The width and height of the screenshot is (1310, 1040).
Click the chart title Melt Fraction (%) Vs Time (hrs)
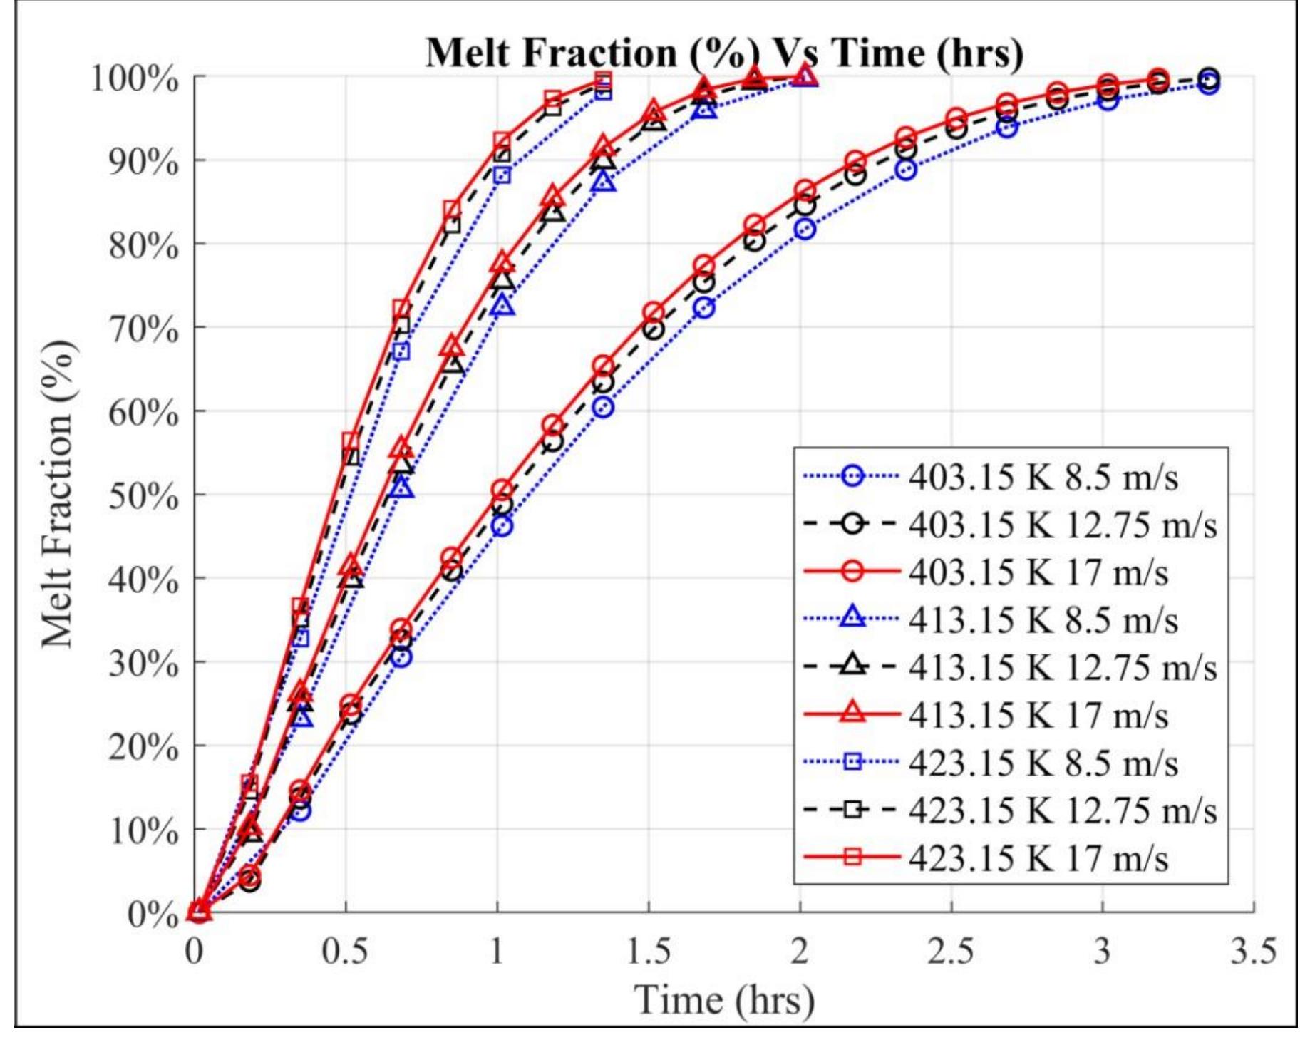click(723, 53)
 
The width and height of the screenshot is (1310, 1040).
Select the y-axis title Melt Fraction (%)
click(57, 493)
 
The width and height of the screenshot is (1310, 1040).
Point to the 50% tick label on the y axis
click(143, 496)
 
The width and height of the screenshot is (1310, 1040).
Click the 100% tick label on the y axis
click(135, 78)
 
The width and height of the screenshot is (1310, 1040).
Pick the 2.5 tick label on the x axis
click(950, 950)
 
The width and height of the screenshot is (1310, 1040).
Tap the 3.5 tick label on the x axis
click(1252, 950)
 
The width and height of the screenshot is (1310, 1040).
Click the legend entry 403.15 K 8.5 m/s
click(1043, 476)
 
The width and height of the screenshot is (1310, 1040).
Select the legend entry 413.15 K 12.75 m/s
click(1062, 666)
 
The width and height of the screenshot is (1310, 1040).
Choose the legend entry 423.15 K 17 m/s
click(1038, 857)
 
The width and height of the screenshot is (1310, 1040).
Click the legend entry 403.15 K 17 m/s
click(1038, 572)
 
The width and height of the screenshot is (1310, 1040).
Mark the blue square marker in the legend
click(852, 762)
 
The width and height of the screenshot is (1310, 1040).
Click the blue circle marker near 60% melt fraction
click(603, 408)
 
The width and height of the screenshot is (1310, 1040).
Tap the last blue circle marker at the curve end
click(1209, 84)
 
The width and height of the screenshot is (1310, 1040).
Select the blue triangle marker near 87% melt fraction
click(603, 183)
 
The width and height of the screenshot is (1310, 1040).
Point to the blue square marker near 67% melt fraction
click(401, 351)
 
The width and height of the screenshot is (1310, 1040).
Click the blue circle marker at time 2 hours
click(805, 229)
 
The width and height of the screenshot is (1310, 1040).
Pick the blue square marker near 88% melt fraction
click(502, 175)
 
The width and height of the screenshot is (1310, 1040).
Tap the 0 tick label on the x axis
click(194, 950)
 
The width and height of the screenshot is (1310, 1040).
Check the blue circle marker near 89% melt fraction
click(906, 170)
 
